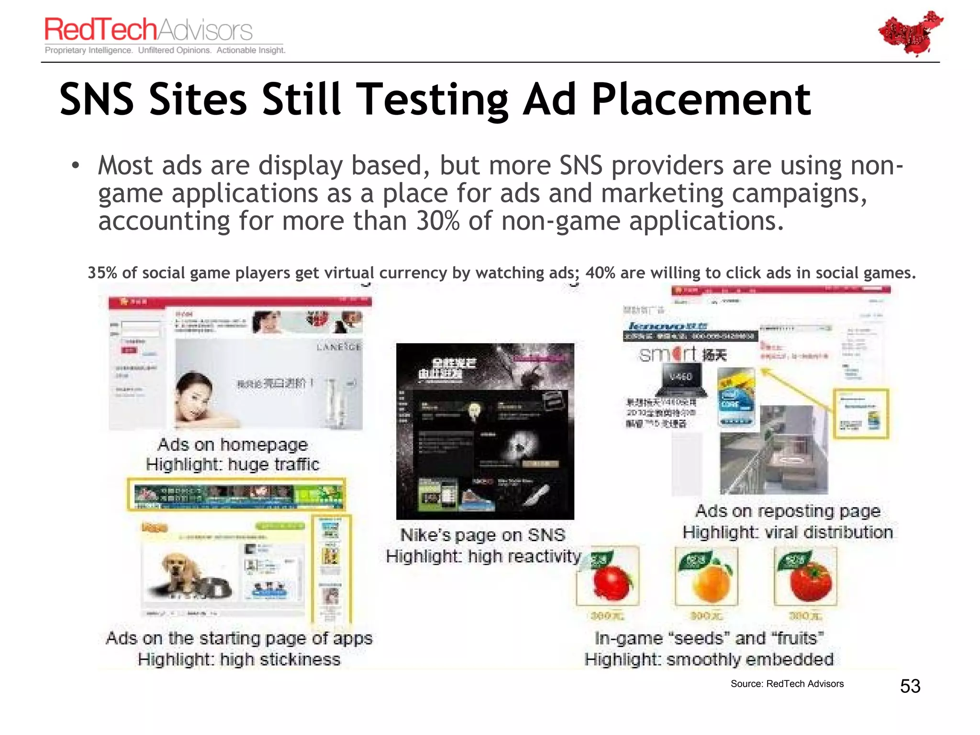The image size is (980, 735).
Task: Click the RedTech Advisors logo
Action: click(148, 30)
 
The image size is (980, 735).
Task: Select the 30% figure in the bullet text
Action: click(437, 221)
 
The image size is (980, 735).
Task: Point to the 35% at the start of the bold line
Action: click(102, 273)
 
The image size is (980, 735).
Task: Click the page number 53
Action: click(910, 686)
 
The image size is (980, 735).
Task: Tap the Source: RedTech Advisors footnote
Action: click(787, 684)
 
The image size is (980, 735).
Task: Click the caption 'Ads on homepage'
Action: click(233, 445)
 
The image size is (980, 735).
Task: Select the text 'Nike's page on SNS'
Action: click(482, 535)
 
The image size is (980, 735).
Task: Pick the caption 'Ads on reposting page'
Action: click(788, 511)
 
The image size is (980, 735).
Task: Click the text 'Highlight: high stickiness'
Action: click(239, 659)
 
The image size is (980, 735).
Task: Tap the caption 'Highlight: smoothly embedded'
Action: click(709, 659)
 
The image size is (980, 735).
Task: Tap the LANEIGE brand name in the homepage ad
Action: click(338, 346)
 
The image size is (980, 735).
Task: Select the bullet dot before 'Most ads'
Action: click(75, 166)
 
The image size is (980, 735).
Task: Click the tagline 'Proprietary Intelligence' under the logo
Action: click(88, 50)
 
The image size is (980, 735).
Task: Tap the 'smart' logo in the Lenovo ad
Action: click(668, 355)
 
